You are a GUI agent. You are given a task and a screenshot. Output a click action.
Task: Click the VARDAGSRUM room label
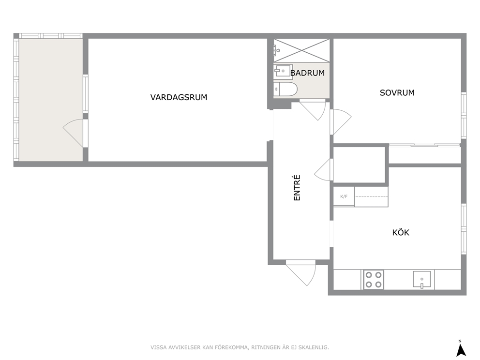179,97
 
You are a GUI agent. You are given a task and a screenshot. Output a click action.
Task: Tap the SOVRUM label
397,93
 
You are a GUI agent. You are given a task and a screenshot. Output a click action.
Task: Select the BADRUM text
307,73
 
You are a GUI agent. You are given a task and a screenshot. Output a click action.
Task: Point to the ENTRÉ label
297,188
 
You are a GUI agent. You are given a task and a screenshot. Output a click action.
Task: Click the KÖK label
401,233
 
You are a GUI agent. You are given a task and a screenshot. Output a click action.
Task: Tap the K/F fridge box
344,196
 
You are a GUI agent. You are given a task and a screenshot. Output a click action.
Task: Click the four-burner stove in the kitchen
374,280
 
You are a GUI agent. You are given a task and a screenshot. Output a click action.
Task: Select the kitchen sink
422,279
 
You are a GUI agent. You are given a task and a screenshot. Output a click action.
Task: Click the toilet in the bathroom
285,89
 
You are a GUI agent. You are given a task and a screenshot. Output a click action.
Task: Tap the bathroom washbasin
283,71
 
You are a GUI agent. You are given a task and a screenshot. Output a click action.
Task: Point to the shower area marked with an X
301,50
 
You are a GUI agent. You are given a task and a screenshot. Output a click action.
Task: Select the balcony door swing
75,133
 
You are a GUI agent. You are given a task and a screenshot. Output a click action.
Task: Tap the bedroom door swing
341,122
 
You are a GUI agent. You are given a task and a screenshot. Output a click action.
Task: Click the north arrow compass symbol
461,349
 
